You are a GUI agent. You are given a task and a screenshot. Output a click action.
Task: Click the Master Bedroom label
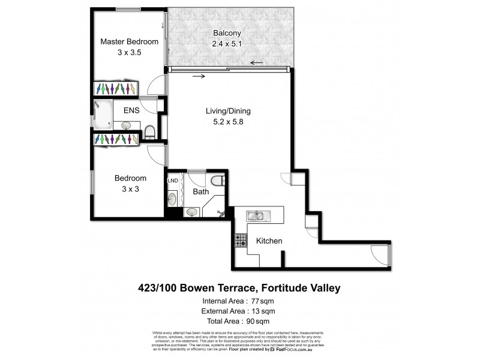(x=129, y=41)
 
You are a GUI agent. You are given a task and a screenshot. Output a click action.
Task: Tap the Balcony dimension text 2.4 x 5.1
(x=229, y=43)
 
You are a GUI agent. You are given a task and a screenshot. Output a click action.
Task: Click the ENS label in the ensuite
(x=132, y=110)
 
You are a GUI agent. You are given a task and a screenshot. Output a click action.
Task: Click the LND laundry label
(x=173, y=179)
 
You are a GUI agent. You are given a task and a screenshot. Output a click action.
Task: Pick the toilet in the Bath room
(x=218, y=181)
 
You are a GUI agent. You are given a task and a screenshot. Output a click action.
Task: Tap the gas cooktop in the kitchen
(x=241, y=241)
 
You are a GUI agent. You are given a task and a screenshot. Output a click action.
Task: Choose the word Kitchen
(x=269, y=241)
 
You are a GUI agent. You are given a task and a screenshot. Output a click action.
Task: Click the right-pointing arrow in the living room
(x=199, y=76)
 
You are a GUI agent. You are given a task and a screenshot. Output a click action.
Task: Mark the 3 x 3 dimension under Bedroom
(x=131, y=189)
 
